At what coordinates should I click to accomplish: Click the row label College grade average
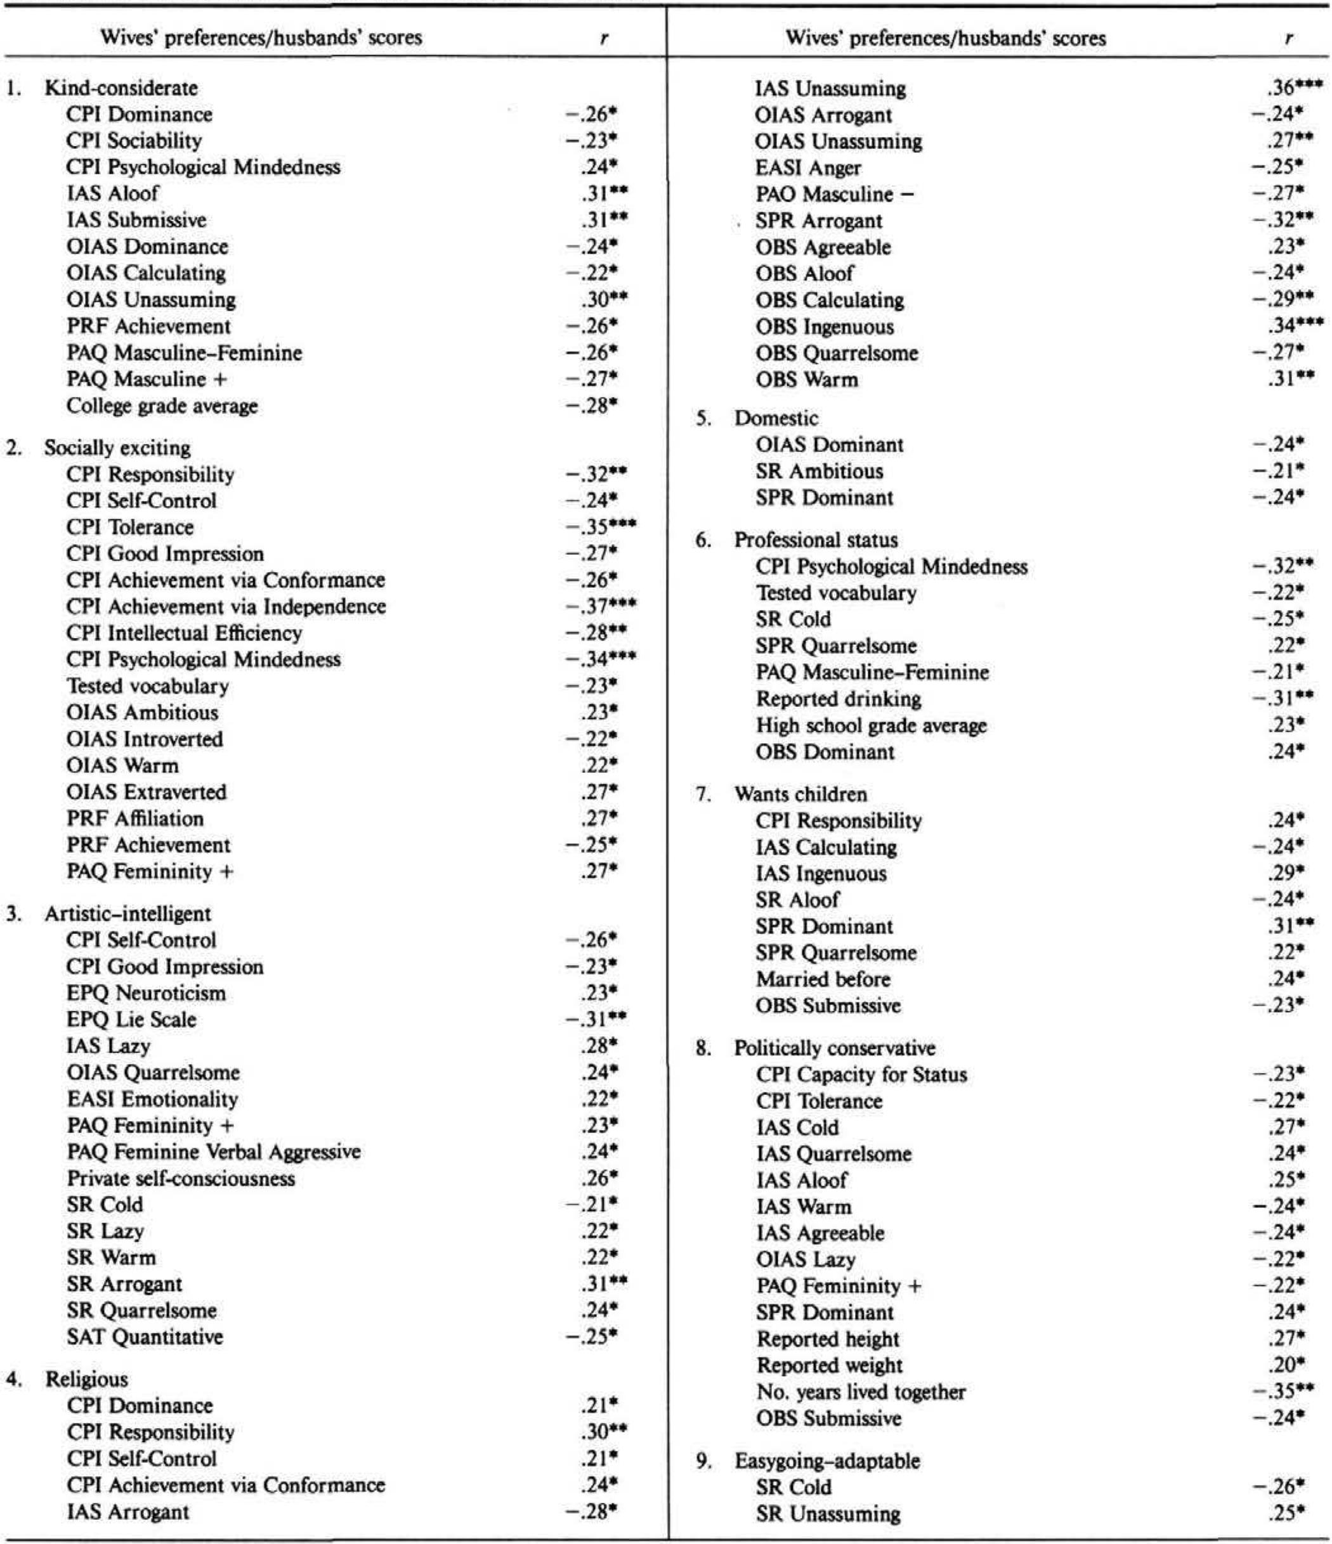pos(162,406)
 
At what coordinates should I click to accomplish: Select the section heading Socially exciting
pos(117,448)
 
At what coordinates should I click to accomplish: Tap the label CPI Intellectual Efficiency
pos(184,633)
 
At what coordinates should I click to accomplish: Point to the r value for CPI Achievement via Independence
pos(600,607)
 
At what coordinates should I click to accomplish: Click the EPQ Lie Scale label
pos(131,1020)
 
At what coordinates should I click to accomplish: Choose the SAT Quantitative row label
pos(145,1337)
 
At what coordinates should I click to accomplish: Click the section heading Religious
pos(86,1379)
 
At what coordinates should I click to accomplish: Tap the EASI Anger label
pos(808,167)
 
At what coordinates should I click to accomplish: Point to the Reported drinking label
pos(839,699)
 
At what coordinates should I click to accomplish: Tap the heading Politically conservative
pos(834,1048)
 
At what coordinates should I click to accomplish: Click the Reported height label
pos(828,1339)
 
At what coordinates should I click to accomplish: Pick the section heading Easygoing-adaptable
pos(827,1462)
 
